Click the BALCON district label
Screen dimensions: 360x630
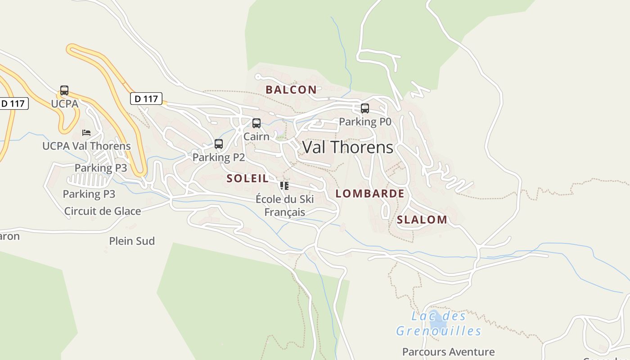pyautogui.click(x=291, y=90)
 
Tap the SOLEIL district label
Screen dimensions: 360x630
pyautogui.click(x=247, y=178)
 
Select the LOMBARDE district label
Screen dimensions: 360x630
pyautogui.click(x=370, y=193)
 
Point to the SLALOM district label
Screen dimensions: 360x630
pyautogui.click(x=422, y=220)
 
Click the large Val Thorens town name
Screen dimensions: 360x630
pyautogui.click(x=347, y=147)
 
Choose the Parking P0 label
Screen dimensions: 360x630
pyautogui.click(x=365, y=121)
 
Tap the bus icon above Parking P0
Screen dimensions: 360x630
pyautogui.click(x=365, y=108)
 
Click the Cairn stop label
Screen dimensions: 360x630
pyautogui.click(x=256, y=136)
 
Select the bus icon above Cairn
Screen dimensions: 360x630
pyautogui.click(x=256, y=123)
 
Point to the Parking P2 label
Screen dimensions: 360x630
pyautogui.click(x=219, y=157)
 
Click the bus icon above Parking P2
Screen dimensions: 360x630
pyautogui.click(x=219, y=144)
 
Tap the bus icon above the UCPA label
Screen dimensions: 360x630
pyautogui.click(x=64, y=90)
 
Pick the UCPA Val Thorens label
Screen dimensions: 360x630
pyautogui.click(x=86, y=146)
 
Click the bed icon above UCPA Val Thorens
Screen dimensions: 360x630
pyautogui.click(x=86, y=132)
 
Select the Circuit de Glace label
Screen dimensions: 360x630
pyautogui.click(x=103, y=211)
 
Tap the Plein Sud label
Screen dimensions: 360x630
pyautogui.click(x=132, y=241)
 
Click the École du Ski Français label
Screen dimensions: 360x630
pyautogui.click(x=284, y=205)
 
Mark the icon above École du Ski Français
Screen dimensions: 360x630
pyautogui.click(x=284, y=185)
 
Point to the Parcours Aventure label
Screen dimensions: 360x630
pyautogui.click(x=448, y=352)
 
